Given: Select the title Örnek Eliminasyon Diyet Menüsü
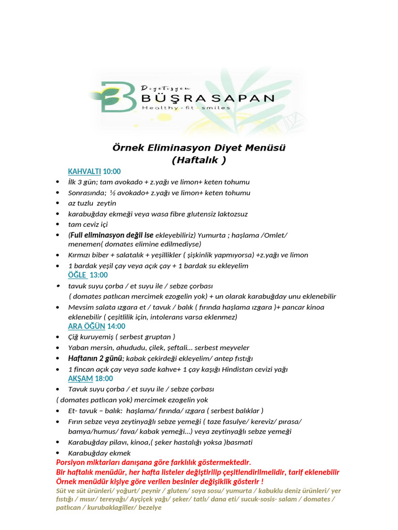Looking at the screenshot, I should pyautogui.click(x=199, y=148).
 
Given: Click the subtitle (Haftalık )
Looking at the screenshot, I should pyautogui.click(x=199, y=160).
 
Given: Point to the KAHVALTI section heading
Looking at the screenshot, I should pyautogui.click(x=84, y=171).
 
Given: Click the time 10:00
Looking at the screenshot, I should pyautogui.click(x=112, y=171).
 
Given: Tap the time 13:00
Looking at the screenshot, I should pyautogui.click(x=98, y=275).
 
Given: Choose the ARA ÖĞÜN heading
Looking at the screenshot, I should pyautogui.click(x=87, y=326).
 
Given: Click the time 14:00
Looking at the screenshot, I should pyautogui.click(x=117, y=326).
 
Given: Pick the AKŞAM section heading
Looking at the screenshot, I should pyautogui.click(x=80, y=378).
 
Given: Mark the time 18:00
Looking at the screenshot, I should pyautogui.click(x=104, y=378).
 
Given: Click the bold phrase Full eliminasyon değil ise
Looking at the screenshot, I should pyautogui.click(x=110, y=235).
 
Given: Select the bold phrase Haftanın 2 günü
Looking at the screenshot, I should pyautogui.click(x=95, y=358).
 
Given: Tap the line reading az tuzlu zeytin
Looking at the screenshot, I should pyautogui.click(x=92, y=203).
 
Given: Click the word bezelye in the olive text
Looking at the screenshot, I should pyautogui.click(x=150, y=508).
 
